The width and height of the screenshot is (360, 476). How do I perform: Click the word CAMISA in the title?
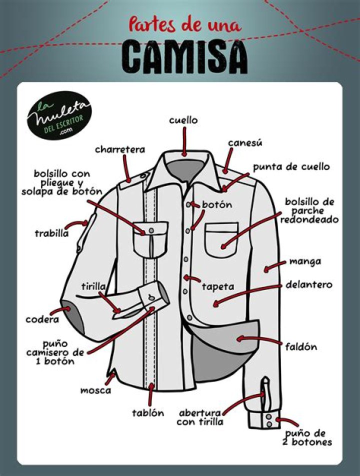[184, 57]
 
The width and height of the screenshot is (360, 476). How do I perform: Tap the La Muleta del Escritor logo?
[59, 115]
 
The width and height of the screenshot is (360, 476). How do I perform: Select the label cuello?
[183, 120]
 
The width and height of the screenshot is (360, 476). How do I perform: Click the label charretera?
[120, 149]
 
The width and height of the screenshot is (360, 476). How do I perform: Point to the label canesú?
[245, 142]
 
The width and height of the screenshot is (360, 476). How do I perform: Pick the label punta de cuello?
[291, 167]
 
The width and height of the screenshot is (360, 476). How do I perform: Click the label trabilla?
[51, 233]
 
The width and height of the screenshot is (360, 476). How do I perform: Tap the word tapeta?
[218, 286]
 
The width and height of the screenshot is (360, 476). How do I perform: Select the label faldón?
[301, 346]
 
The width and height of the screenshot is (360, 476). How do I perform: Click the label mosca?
[95, 390]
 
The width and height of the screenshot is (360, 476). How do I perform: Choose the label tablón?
[148, 413]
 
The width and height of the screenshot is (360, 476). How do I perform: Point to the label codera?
[42, 319]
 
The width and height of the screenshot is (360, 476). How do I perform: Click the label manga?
[305, 261]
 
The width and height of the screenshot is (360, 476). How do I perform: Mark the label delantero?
[309, 285]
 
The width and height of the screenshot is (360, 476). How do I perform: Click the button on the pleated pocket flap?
[151, 231]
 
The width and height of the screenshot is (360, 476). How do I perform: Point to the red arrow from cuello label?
[184, 141]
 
